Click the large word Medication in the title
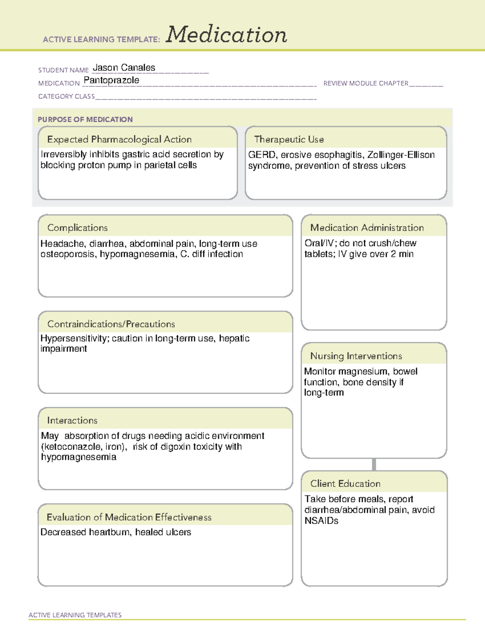pyautogui.click(x=226, y=35)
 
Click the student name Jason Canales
pyautogui.click(x=124, y=68)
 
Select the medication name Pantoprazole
pyautogui.click(x=111, y=80)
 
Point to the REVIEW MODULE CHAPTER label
pyautogui.click(x=365, y=83)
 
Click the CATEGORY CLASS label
pyautogui.click(x=66, y=96)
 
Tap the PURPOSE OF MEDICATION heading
pyautogui.click(x=85, y=120)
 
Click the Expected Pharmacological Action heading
pyautogui.click(x=119, y=139)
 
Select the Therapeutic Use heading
pyautogui.click(x=289, y=139)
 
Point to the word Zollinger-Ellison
pyautogui.click(x=401, y=155)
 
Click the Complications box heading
pyautogui.click(x=77, y=228)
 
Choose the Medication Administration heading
pyautogui.click(x=367, y=228)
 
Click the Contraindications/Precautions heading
pyautogui.click(x=111, y=324)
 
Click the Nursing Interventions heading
pyautogui.click(x=356, y=356)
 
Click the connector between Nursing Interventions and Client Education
pyautogui.click(x=374, y=464)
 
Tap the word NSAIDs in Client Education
pyautogui.click(x=321, y=521)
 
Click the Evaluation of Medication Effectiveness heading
pyautogui.click(x=129, y=517)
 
